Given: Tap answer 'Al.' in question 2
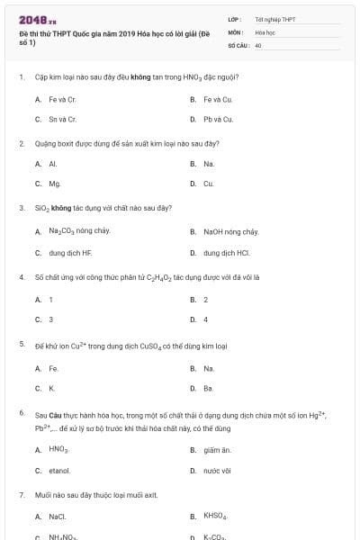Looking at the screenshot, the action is tap(52, 164).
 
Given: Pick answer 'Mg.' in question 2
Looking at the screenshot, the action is tap(54, 184).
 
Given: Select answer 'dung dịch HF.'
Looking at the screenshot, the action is tap(70, 253).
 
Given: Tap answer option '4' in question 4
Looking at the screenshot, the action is tap(205, 319).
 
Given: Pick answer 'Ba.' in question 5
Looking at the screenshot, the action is tap(208, 388).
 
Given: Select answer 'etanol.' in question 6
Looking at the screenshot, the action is tap(59, 470).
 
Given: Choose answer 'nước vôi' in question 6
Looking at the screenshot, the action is tap(218, 470).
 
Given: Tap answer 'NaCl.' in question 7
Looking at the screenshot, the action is tap(58, 517).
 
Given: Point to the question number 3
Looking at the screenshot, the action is tap(22, 208).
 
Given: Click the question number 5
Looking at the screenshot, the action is tap(22, 345).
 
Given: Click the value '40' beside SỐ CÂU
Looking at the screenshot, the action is tap(258, 44).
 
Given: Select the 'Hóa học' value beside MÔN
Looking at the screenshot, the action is tap(265, 31).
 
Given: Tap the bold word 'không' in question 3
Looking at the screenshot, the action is tap(61, 208).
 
